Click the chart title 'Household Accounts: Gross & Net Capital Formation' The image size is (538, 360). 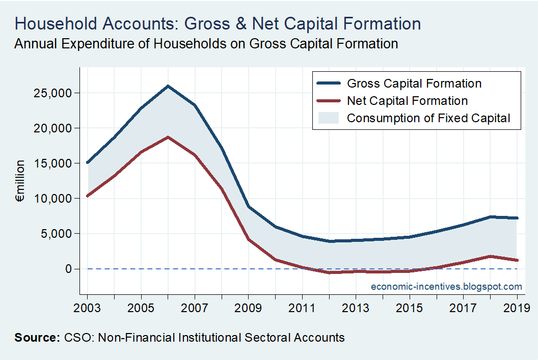218,23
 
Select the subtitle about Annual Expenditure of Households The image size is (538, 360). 206,44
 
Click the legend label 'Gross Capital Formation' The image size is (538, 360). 414,84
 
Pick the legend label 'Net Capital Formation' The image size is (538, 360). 407,101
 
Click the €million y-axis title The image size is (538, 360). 21,181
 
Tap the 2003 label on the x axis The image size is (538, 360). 88,308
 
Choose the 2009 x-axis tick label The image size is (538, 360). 249,308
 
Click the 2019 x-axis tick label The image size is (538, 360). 517,308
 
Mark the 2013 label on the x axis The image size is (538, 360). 356,308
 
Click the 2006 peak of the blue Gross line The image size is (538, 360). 168,86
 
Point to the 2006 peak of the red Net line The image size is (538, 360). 168,137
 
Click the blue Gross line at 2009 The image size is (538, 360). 249,207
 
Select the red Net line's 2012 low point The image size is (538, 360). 329,272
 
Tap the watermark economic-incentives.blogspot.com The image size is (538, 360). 446,287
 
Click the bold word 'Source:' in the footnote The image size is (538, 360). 37,337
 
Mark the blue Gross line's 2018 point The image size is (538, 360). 490,217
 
